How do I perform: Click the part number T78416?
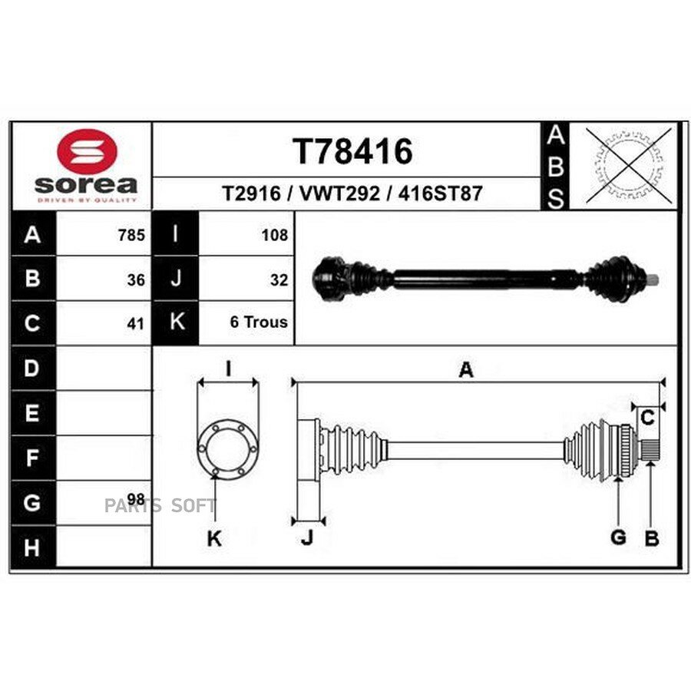point(352,151)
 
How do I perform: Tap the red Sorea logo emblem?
point(88,150)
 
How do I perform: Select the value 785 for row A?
point(131,235)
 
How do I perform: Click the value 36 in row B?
point(136,279)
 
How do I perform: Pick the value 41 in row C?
point(136,324)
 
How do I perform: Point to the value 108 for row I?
point(275,235)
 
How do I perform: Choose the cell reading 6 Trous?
point(259,322)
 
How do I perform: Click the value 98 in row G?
point(136,499)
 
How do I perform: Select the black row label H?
point(32,547)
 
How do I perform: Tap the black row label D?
point(32,368)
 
